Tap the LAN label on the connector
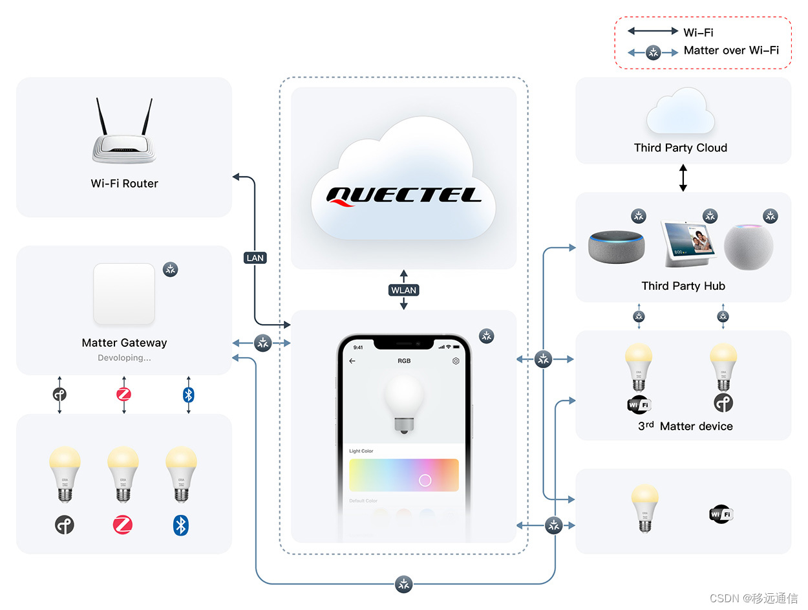(x=255, y=257)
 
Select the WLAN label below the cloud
(x=403, y=290)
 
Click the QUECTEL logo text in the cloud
(x=403, y=195)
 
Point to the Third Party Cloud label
(x=680, y=147)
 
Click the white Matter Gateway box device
(x=124, y=294)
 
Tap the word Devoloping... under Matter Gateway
(x=124, y=357)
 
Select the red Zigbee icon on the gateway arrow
(x=123, y=394)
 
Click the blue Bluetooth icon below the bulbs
(x=181, y=525)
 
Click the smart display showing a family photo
(x=688, y=243)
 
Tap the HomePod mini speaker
(x=748, y=246)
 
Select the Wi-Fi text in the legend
(x=698, y=32)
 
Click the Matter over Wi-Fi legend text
(x=731, y=50)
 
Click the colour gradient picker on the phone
(x=403, y=475)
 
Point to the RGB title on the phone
(x=404, y=361)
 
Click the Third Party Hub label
(x=683, y=286)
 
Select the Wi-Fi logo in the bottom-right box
(x=721, y=514)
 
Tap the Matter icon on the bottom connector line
(x=404, y=584)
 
